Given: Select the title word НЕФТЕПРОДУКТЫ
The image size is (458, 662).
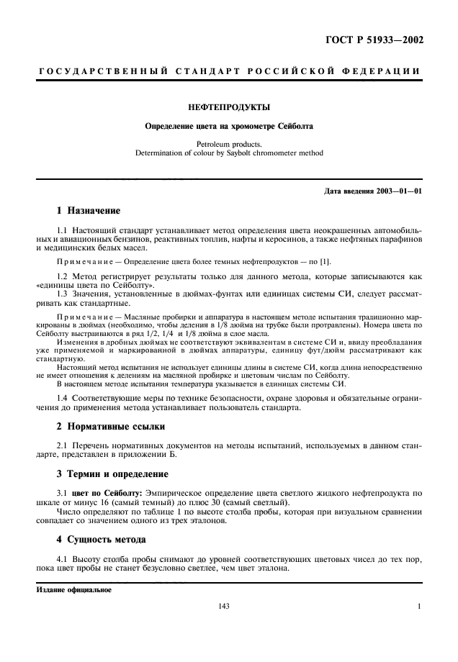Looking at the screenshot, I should tap(228, 108).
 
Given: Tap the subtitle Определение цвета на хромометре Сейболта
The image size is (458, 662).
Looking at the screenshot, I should tap(228, 127).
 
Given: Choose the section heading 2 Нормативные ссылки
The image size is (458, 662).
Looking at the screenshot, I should tap(110, 427).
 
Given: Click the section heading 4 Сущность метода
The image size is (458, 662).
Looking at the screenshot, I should tap(101, 539).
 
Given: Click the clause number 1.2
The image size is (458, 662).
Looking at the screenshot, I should tap(63, 276).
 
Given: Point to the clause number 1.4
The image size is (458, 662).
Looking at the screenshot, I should tap(63, 398).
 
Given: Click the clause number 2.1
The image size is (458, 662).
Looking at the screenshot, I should tap(63, 446).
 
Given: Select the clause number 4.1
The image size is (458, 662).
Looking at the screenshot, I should tap(63, 558).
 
